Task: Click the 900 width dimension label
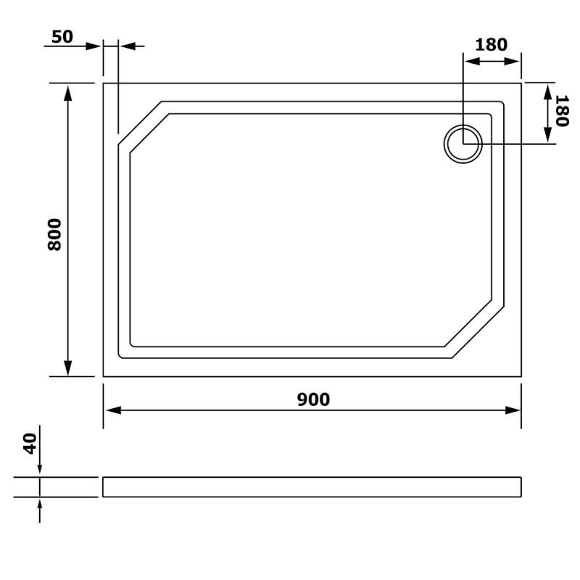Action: pos(313,399)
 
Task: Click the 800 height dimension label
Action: pos(55,235)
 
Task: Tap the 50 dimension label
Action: pos(62,37)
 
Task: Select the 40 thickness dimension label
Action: pos(30,444)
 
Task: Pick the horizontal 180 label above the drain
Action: pos(491,45)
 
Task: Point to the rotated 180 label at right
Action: pos(561,111)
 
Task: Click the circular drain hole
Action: pos(463,144)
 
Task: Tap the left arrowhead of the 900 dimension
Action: pos(114,410)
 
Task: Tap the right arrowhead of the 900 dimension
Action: pos(513,410)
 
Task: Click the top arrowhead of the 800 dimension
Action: pos(67,93)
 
